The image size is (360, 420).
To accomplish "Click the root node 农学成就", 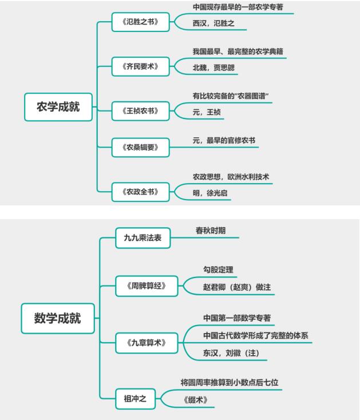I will point(58,107).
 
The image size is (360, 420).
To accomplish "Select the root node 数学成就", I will point(57,319).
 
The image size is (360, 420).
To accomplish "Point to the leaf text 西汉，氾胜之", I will point(213,23).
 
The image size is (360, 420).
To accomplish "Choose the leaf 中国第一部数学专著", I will point(237,318).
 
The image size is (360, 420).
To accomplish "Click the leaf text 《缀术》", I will point(195,400).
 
